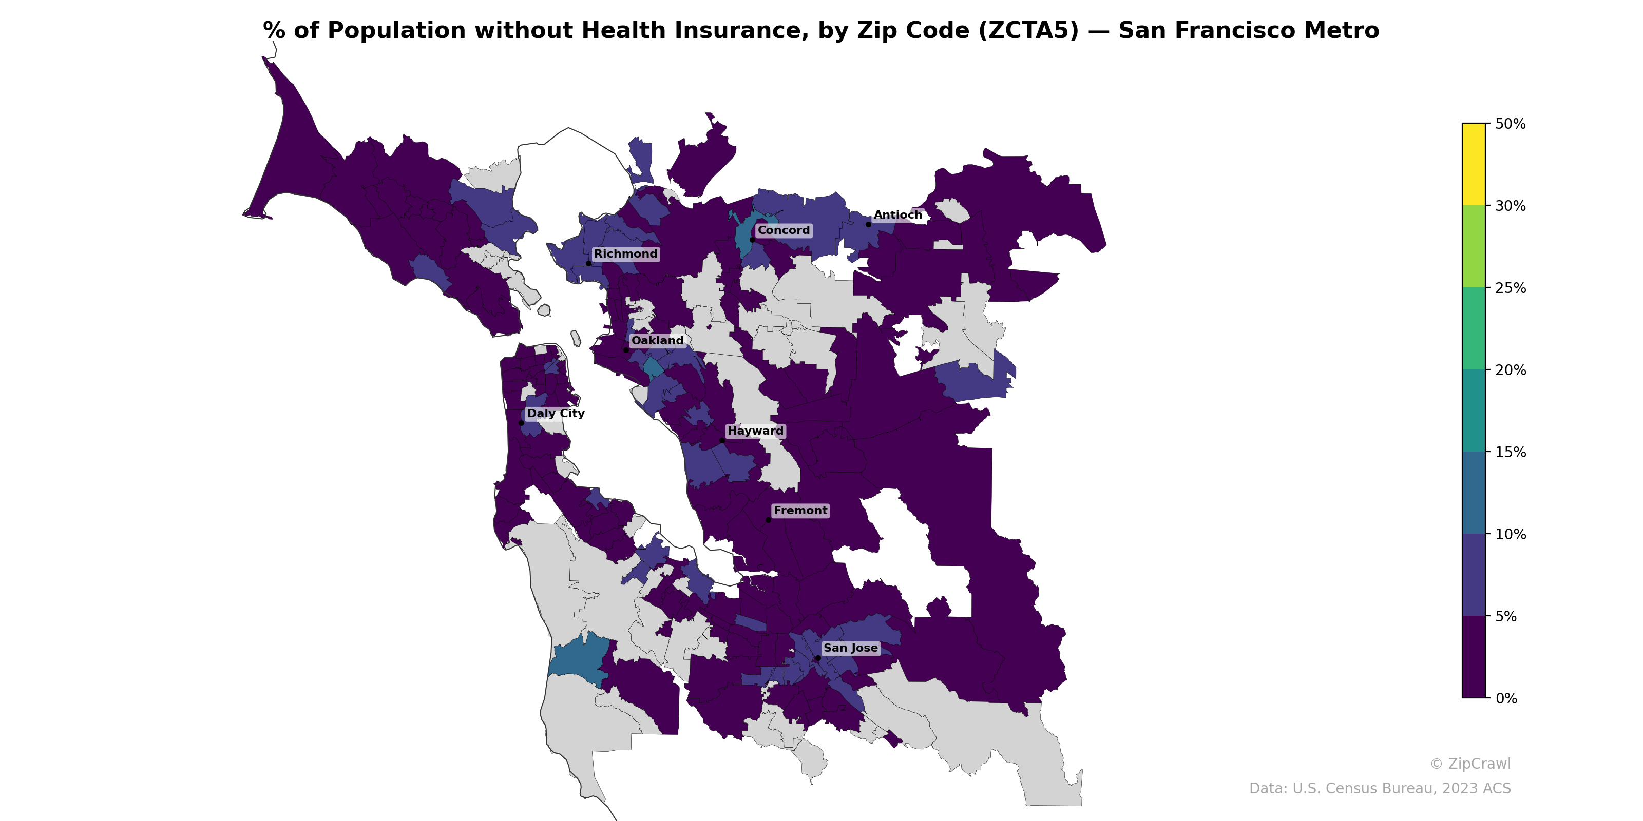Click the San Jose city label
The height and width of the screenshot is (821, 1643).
pyautogui.click(x=850, y=648)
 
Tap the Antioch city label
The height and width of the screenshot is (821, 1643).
pyautogui.click(x=897, y=216)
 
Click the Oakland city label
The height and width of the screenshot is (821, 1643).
pyautogui.click(x=657, y=340)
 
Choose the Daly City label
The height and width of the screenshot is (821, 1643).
pyautogui.click(x=556, y=413)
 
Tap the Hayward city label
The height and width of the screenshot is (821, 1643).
pyautogui.click(x=755, y=431)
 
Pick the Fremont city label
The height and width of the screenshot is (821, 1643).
pyautogui.click(x=800, y=511)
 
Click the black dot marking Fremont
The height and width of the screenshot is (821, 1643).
pyautogui.click(x=768, y=520)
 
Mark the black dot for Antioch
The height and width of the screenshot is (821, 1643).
pyautogui.click(x=868, y=224)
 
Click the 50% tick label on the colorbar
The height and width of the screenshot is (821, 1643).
pyautogui.click(x=1511, y=124)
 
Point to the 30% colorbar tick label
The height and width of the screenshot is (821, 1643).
pyautogui.click(x=1511, y=206)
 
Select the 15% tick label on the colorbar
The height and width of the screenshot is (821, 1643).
pyautogui.click(x=1511, y=453)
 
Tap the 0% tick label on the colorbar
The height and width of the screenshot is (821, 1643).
pyautogui.click(x=1506, y=698)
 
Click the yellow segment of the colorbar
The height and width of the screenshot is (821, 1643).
pyautogui.click(x=1474, y=164)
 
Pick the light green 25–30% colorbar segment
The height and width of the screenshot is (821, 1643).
pyautogui.click(x=1474, y=246)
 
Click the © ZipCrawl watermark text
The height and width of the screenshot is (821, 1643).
pyautogui.click(x=1469, y=764)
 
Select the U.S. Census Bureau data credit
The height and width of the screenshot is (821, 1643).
pyautogui.click(x=1380, y=789)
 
